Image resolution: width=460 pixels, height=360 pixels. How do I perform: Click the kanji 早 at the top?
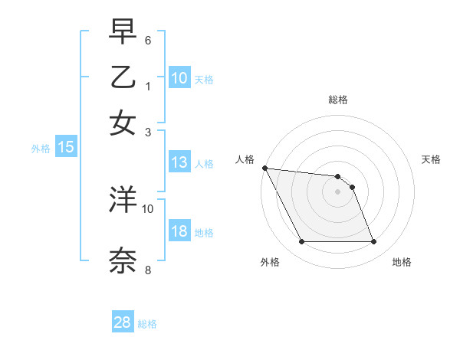click(123, 32)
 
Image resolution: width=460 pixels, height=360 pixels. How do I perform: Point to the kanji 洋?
click(123, 200)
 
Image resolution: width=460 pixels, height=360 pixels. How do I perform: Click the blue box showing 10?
click(179, 78)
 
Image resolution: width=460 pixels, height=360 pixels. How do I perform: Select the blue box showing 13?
click(179, 162)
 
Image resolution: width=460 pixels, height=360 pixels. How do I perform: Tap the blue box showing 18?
click(179, 232)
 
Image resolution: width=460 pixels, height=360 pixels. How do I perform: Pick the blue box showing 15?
click(66, 148)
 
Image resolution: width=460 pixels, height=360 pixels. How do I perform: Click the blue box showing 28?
click(123, 322)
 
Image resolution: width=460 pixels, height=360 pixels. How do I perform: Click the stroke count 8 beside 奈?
click(148, 270)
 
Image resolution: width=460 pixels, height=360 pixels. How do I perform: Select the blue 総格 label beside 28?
click(147, 324)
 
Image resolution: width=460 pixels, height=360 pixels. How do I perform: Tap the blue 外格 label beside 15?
click(41, 149)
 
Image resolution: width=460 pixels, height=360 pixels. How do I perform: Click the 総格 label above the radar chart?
click(337, 100)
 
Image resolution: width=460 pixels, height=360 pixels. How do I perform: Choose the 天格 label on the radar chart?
click(432, 159)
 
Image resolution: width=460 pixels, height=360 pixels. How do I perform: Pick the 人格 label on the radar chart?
click(245, 159)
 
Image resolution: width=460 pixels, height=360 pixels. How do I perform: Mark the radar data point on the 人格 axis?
click(264, 168)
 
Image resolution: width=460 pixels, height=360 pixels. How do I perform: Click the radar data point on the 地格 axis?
click(373, 242)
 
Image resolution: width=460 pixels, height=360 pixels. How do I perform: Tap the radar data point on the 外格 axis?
click(301, 242)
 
